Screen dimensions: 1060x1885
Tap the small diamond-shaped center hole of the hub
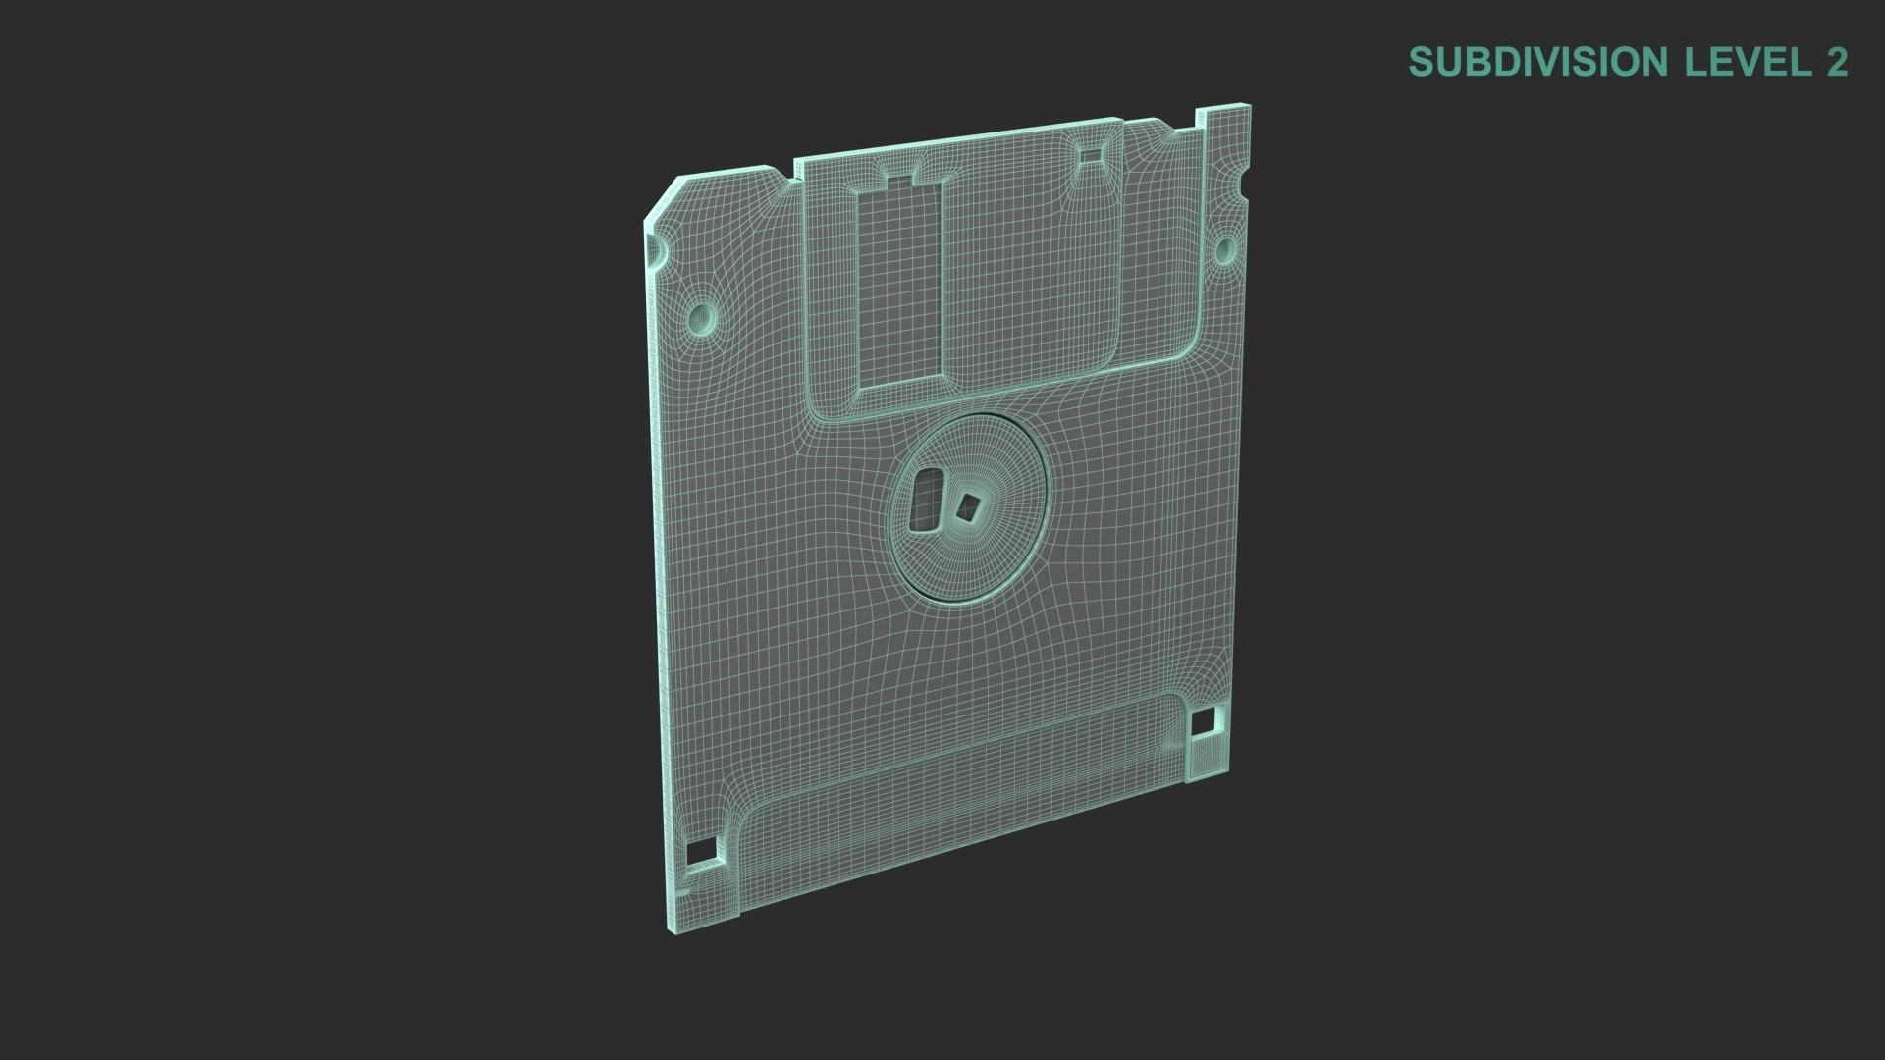tap(969, 506)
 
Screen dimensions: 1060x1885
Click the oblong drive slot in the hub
tap(925, 502)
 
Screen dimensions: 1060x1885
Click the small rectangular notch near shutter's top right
tap(1091, 154)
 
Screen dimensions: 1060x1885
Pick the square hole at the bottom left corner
tap(701, 852)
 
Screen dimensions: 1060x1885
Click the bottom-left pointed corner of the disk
tap(676, 928)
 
